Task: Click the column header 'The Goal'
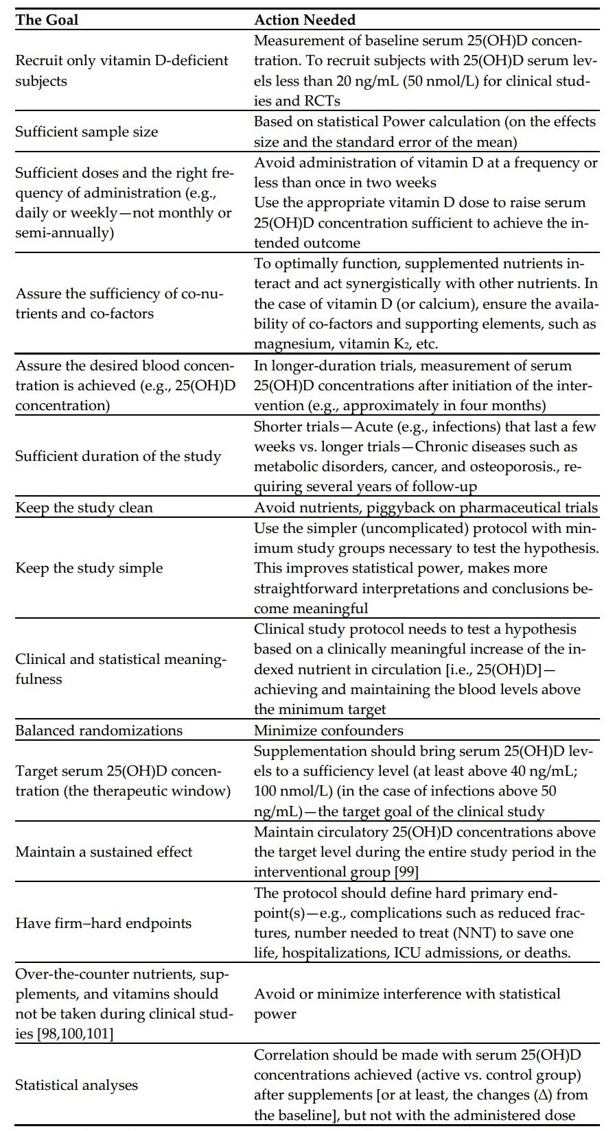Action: coord(47,19)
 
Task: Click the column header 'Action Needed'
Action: coord(305,19)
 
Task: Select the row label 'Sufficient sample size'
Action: coord(86,132)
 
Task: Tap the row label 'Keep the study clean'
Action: coord(84,508)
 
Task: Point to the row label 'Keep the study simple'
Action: coord(89,568)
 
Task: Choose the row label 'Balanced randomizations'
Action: coord(99,730)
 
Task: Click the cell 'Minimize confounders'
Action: coord(329,730)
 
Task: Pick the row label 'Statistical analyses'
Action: coord(77,1085)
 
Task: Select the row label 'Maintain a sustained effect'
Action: coord(104,852)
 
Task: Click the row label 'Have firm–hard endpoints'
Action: coord(103,923)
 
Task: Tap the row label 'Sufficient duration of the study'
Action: coord(118,456)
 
